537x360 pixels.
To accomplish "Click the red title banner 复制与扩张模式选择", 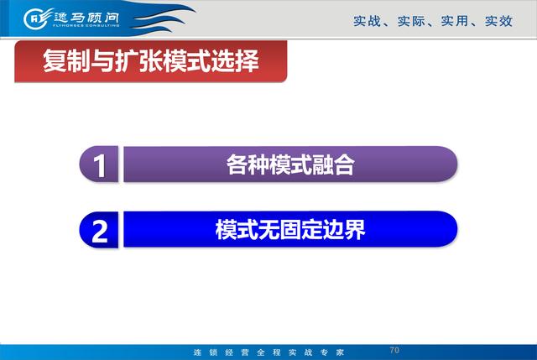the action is click(x=151, y=61).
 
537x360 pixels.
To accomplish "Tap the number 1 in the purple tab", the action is click(x=99, y=166).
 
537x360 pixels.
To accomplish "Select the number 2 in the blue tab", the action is click(x=100, y=232).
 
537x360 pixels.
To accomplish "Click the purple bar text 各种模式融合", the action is click(x=290, y=164).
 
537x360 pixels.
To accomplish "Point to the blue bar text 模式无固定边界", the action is click(x=290, y=229).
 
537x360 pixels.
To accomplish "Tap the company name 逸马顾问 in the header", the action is click(x=86, y=17).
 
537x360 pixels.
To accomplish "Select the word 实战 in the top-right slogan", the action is click(x=367, y=21).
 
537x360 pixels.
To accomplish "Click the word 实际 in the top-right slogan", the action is click(x=411, y=21).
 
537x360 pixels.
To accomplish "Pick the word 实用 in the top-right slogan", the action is click(x=455, y=21).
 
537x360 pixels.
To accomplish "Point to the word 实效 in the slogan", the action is click(x=498, y=21).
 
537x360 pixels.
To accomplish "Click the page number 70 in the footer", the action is click(x=394, y=350).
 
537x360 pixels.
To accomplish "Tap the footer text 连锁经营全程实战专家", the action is click(x=268, y=352).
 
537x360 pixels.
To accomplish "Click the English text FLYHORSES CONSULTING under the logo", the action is click(x=86, y=25).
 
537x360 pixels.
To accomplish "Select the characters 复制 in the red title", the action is click(x=66, y=61).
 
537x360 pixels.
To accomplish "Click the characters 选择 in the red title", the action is click(x=235, y=61).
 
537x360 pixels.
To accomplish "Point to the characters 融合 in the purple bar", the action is click(x=333, y=164).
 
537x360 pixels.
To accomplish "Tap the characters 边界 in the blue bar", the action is click(x=344, y=229).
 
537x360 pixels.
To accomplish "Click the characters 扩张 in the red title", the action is click(x=138, y=61).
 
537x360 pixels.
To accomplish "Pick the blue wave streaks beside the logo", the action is click(x=161, y=18).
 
